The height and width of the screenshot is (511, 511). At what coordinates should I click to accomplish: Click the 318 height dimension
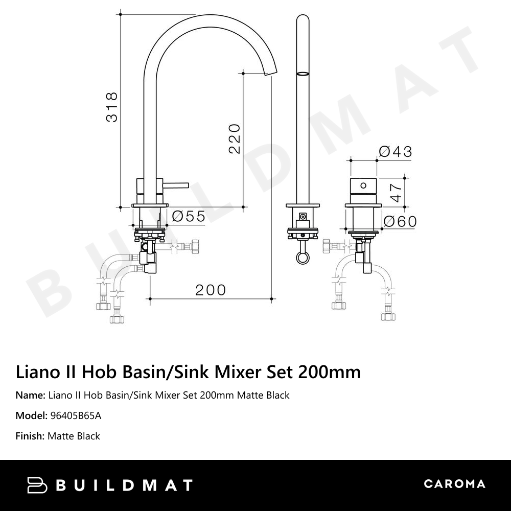pos(111,107)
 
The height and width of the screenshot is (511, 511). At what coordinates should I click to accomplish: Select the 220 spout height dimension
pos(234,138)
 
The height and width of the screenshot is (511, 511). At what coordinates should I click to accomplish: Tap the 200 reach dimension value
pos(211,290)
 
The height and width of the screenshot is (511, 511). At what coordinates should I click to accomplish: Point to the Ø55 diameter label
pos(189,217)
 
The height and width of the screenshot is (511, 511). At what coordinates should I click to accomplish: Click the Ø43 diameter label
pos(395,151)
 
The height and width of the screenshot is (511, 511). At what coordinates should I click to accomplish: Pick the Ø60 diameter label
pos(400,221)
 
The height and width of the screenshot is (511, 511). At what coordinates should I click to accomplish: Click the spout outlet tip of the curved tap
pos(271,74)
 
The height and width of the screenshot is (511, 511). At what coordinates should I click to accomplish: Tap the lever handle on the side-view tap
pos(175,185)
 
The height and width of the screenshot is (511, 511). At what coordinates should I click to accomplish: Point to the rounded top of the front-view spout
pos(303,20)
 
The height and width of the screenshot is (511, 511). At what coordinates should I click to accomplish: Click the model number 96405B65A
pos(76,415)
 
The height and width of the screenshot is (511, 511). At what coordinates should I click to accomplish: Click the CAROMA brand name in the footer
pos(454,484)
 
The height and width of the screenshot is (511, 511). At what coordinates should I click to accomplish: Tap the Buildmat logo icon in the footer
pos(37,485)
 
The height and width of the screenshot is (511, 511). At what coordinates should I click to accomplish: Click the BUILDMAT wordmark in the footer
pos(124,485)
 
